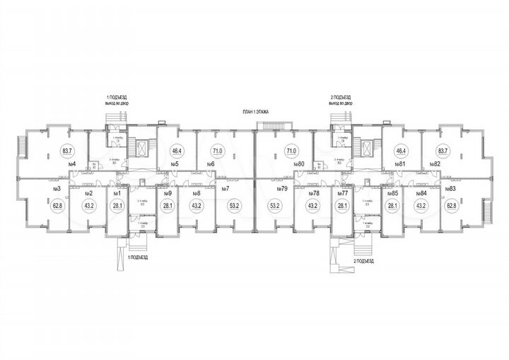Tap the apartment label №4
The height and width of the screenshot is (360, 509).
click(71, 164)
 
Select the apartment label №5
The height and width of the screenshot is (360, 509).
click(174, 164)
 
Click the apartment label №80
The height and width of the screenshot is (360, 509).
click(299, 164)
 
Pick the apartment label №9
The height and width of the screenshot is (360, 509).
click(168, 193)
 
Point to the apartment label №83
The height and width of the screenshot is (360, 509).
click(450, 190)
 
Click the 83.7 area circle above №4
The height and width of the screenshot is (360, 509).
click(68, 151)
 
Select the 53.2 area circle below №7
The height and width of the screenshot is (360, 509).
click(232, 206)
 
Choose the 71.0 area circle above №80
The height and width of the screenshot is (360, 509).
click(291, 151)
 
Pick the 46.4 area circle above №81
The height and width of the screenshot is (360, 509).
click(401, 151)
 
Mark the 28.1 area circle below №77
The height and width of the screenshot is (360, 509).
click(344, 206)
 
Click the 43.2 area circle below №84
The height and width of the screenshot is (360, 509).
click(421, 206)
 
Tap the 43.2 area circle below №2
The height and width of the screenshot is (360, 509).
click(89, 206)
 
